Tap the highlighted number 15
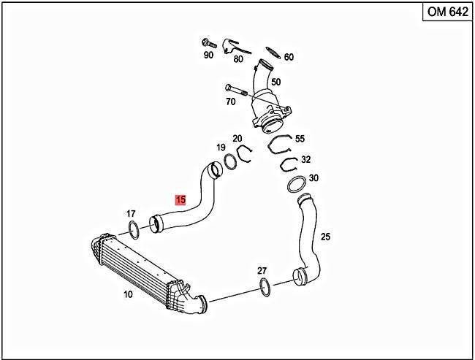point(180,199)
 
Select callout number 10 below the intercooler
point(128,294)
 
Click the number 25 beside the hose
point(325,237)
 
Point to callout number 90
point(208,55)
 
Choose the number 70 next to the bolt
point(230,102)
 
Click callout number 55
point(300,138)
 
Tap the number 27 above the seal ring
point(262,270)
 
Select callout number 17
point(131,214)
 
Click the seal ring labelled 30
point(295,184)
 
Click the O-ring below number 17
point(135,231)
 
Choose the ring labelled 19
point(229,161)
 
